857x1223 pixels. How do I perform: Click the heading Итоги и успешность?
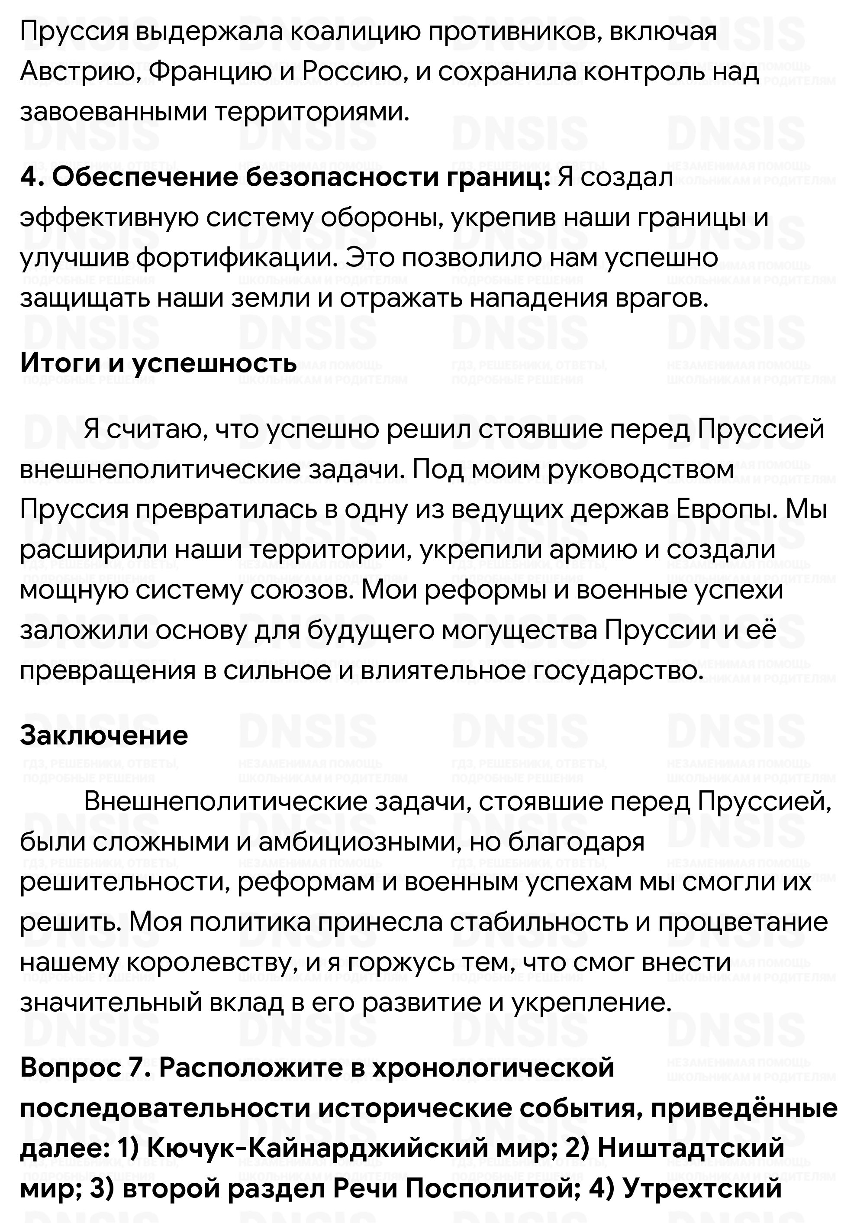point(158,363)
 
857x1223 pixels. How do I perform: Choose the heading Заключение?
point(104,736)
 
